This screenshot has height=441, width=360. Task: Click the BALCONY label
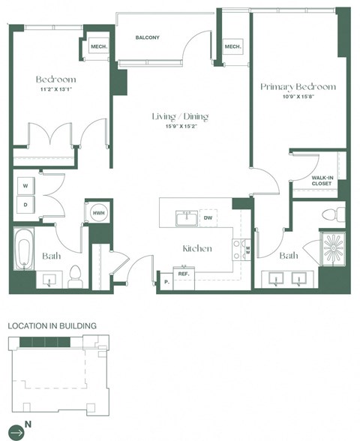pos(148,37)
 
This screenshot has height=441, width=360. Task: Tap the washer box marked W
pos(25,185)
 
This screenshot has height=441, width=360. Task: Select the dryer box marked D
pos(25,204)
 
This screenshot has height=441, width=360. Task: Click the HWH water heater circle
pos(97,213)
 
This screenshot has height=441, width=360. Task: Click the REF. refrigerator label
pos(183,274)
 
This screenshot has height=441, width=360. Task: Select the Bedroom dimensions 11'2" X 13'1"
pos(55,90)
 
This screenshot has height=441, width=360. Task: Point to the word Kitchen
pos(196,248)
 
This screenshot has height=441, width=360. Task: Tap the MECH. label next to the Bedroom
pos(99,46)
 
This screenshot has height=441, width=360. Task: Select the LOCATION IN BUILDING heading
pos(52,326)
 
